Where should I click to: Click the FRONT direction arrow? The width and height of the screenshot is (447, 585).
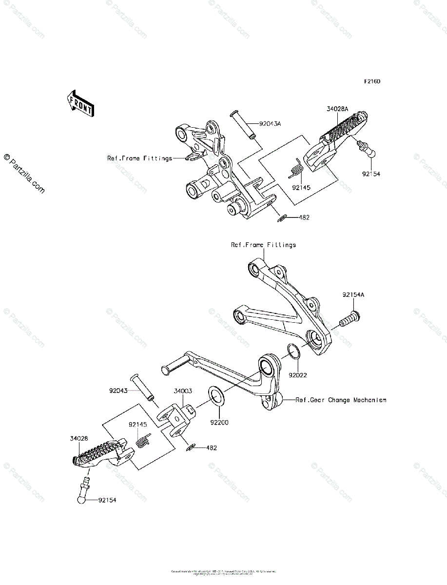80,103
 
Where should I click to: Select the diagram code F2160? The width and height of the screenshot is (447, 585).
371,81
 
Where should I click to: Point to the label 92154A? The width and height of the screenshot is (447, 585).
353,295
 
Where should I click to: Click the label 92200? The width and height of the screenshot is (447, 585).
219,422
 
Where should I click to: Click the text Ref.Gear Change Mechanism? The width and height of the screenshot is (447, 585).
341,400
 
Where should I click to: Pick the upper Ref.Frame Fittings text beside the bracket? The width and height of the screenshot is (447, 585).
139,158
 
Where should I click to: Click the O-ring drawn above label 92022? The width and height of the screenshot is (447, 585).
293,351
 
